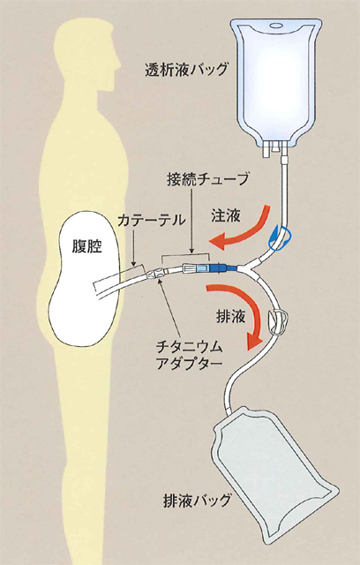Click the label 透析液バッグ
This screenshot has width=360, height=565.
[186, 70]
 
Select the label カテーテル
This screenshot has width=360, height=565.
[151, 220]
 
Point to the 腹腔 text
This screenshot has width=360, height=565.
[86, 247]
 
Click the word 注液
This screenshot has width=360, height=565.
[226, 216]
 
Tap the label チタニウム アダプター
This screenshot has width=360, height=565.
[189, 356]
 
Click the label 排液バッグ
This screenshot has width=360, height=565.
[197, 501]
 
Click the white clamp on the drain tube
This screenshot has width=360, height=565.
[278, 321]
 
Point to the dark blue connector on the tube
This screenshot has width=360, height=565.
[223, 268]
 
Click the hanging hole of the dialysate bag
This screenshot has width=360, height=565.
[276, 26]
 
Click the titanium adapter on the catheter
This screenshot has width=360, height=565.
[154, 275]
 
